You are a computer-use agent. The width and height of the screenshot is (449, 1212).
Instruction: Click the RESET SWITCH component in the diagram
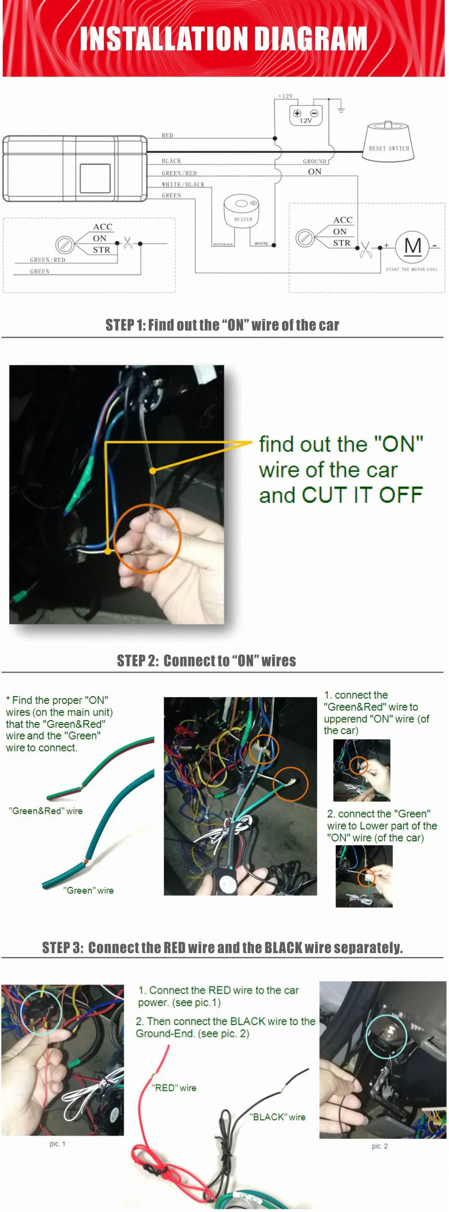(388, 144)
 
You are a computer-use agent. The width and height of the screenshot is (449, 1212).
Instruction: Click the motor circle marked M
(412, 246)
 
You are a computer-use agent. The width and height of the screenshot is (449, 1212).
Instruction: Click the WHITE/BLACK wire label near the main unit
(183, 184)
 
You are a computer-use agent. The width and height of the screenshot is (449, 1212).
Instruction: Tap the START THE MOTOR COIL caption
(411, 270)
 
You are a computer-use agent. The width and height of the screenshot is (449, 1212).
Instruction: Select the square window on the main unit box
(95, 178)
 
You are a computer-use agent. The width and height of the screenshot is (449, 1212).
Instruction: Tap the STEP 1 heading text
(222, 325)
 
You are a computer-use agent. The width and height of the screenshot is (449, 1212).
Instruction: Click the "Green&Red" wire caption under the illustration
(46, 811)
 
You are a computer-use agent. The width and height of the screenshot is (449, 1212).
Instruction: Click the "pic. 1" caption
(57, 1144)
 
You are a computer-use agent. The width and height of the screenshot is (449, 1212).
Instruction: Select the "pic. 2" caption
(380, 1146)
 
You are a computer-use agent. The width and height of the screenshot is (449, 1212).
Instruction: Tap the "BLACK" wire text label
(277, 1117)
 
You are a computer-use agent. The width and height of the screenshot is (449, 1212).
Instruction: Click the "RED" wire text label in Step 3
(174, 1088)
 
